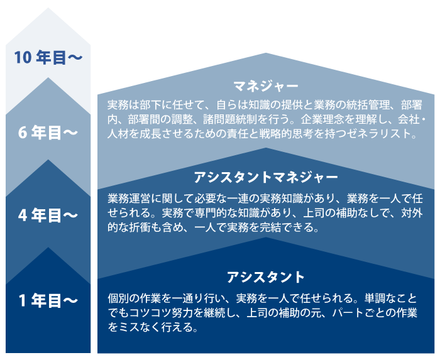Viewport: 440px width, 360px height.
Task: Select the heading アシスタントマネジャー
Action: (266, 177)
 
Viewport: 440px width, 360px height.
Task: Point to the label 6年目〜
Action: (48, 133)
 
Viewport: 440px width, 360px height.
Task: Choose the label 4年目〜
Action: (48, 215)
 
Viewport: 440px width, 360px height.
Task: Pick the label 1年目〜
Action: (48, 301)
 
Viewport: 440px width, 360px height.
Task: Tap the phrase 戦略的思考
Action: (287, 134)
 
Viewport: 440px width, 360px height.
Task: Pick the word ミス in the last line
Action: (128, 328)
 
